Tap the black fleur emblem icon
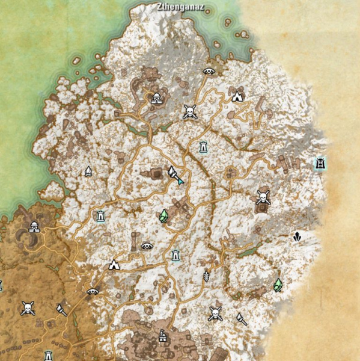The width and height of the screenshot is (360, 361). [297, 237]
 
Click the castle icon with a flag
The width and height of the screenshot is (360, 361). [162, 338]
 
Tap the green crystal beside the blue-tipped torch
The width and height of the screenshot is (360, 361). [164, 214]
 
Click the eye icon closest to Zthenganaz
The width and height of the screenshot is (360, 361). [209, 71]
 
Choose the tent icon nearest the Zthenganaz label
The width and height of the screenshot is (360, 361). [237, 94]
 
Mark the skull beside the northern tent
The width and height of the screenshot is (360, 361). [190, 111]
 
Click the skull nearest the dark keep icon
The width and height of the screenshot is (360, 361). [263, 197]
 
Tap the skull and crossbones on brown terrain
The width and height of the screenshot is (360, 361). [27, 309]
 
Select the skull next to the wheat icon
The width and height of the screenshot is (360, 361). [215, 313]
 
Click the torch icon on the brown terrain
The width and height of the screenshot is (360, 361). [61, 310]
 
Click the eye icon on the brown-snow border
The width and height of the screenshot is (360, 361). [92, 291]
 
